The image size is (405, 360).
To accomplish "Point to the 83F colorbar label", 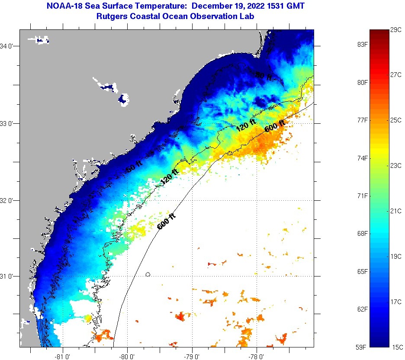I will [362, 45].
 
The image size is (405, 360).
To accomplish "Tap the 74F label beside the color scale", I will [362, 158].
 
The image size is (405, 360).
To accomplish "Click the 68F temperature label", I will [362, 234].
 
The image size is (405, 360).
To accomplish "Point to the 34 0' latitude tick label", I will [9, 46].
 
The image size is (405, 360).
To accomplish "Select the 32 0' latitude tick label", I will [9, 200].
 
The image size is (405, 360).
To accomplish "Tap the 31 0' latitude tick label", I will [9, 276].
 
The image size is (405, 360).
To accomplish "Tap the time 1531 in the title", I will [272, 6].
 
